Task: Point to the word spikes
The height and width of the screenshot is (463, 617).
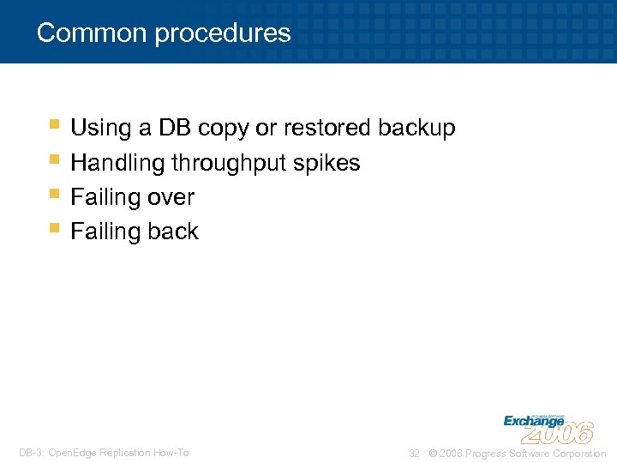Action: [x=333, y=163]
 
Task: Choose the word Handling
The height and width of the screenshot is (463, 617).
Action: [x=117, y=163]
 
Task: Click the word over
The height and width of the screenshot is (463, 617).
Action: [x=171, y=197]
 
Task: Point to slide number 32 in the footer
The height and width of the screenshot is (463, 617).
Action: [x=414, y=454]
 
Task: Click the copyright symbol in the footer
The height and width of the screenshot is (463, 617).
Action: [x=432, y=454]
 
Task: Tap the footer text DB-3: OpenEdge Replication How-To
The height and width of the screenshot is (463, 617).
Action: [x=104, y=453]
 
